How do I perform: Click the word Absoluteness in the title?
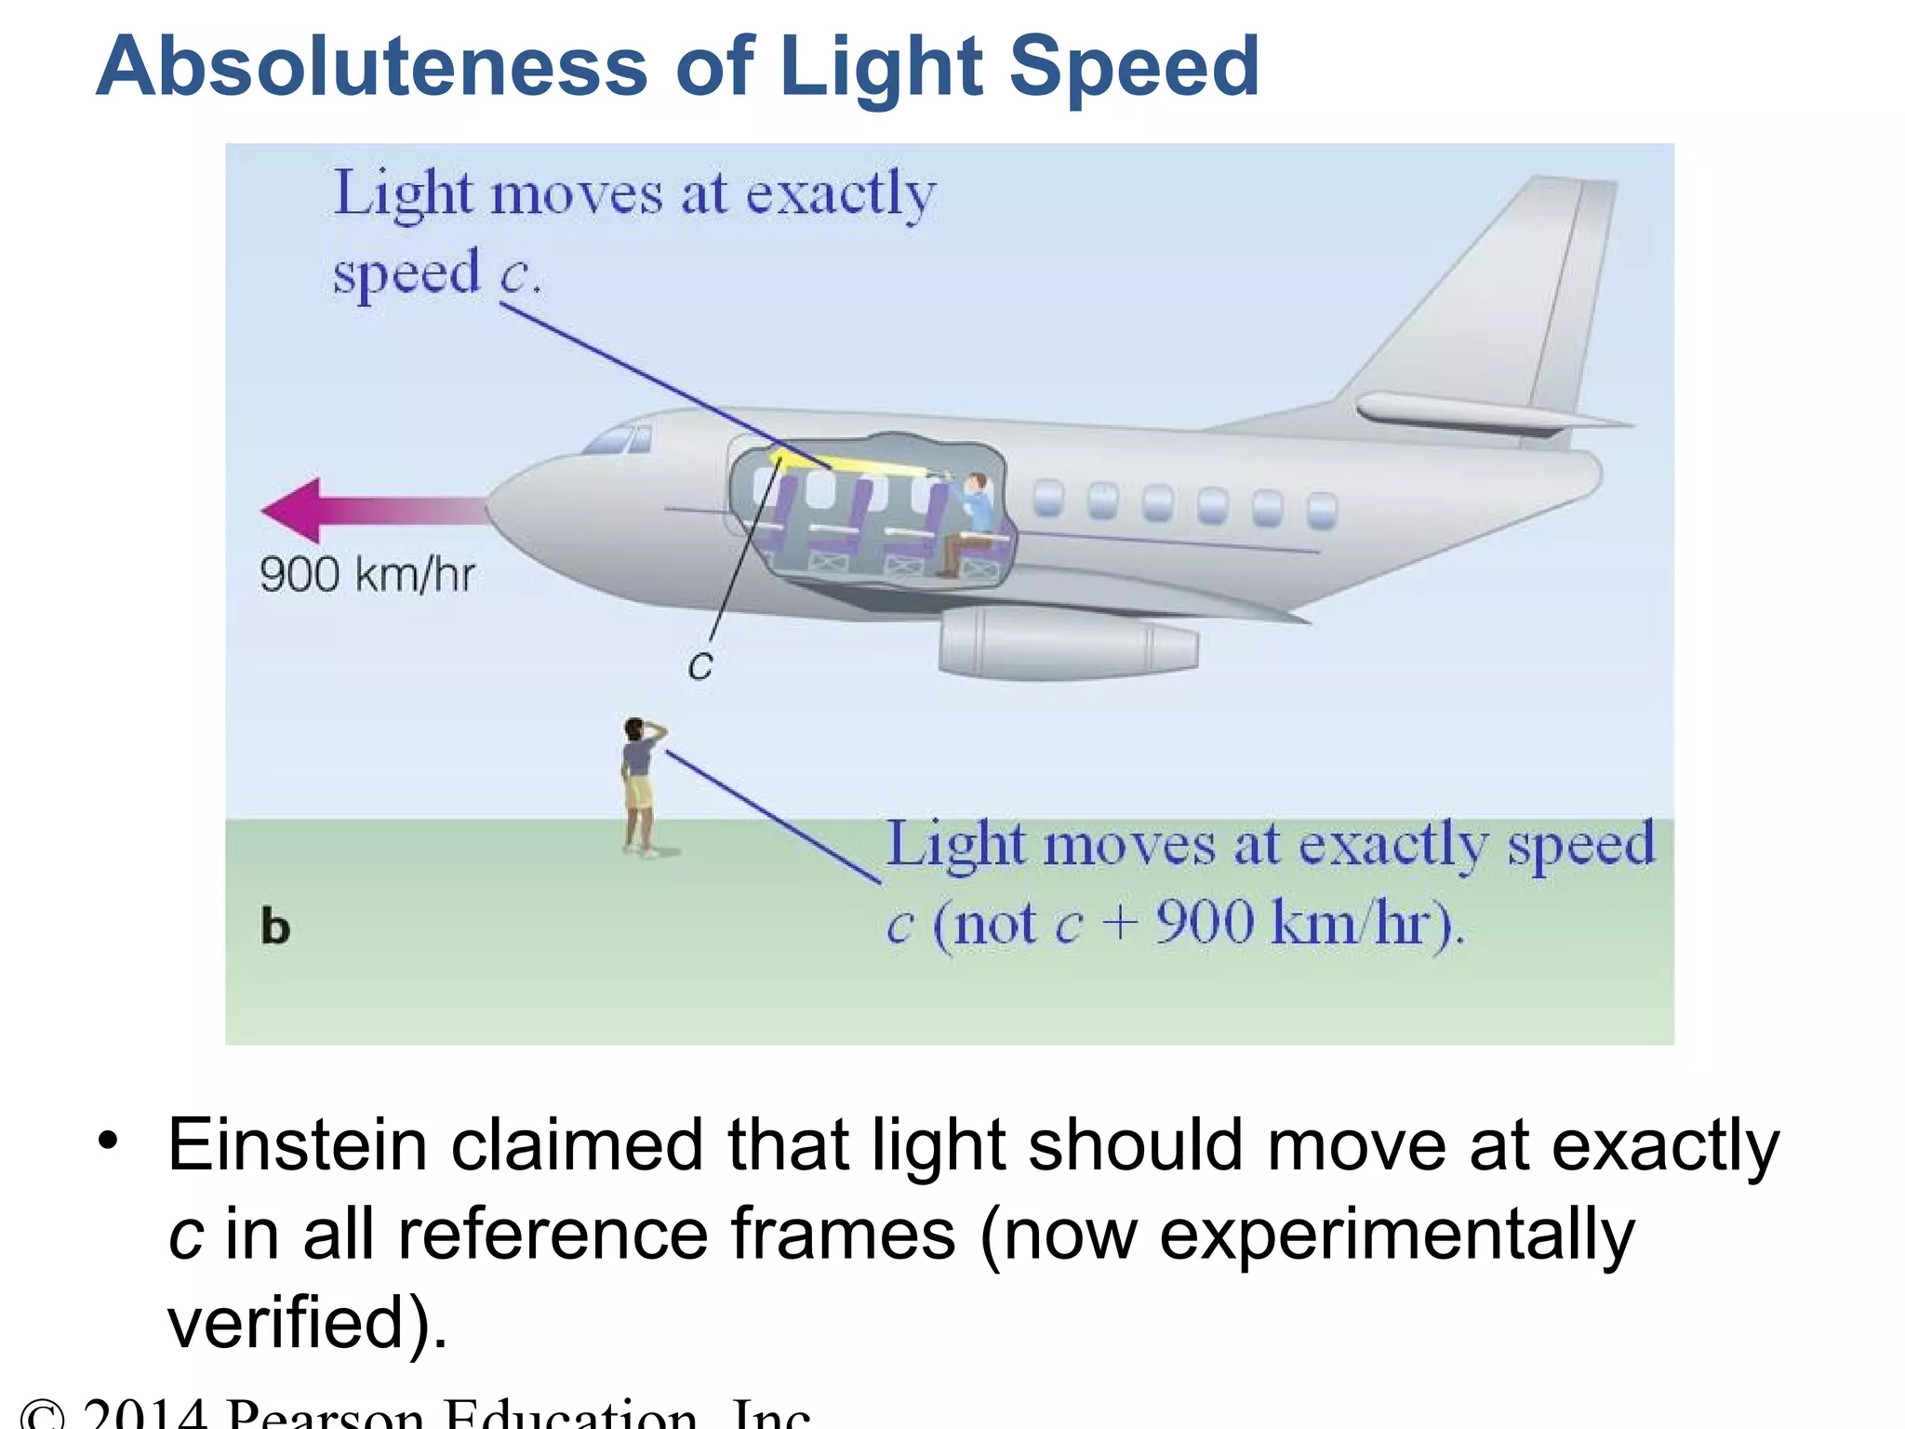click(372, 67)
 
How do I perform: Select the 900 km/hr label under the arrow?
click(366, 574)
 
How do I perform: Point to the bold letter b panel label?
click(275, 928)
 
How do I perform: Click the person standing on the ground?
click(640, 786)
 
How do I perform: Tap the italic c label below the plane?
click(700, 666)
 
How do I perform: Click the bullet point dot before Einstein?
click(110, 1141)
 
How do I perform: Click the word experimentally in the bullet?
click(1395, 1235)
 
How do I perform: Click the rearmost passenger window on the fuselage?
click(1322, 510)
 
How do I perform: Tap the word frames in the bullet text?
click(843, 1235)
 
